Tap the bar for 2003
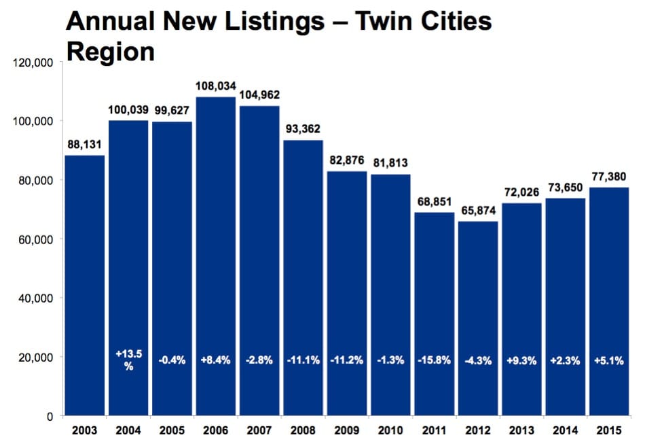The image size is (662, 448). point(85,286)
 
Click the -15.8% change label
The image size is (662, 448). point(435,360)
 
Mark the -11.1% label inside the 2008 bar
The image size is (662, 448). point(304,360)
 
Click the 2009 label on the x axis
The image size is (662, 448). point(347,430)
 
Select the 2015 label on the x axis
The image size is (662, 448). point(609,430)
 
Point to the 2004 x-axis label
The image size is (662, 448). point(128,430)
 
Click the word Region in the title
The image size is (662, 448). point(110,52)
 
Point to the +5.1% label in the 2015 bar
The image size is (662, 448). point(609,360)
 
